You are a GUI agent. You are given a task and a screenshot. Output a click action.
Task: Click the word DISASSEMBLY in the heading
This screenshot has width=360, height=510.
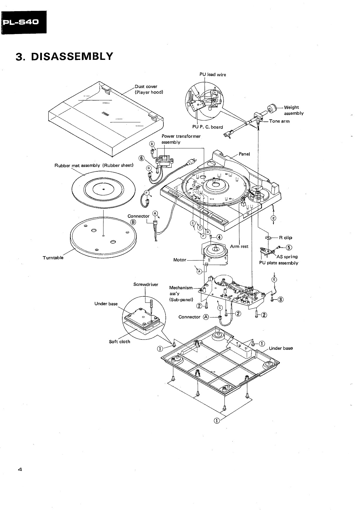[72, 56]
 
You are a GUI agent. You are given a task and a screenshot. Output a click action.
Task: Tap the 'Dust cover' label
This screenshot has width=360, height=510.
[146, 87]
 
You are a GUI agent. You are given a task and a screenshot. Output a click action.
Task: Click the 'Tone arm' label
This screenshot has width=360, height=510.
[279, 121]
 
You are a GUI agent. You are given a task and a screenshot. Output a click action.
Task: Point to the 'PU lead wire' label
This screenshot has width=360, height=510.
[213, 75]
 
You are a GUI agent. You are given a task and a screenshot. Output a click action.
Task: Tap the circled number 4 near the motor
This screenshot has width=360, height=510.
[219, 237]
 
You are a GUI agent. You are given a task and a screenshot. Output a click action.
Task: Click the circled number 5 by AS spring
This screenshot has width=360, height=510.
[288, 247]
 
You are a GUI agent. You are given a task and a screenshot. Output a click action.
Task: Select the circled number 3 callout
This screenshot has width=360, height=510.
[281, 300]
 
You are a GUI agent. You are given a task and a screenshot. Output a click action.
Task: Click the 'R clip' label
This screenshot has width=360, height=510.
[283, 238]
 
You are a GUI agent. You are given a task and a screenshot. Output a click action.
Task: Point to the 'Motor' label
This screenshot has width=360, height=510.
[180, 260]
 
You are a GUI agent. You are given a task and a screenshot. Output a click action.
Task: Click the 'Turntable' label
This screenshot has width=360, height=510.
[53, 258]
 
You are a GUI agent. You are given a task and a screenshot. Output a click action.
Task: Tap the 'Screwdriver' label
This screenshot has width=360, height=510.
[146, 284]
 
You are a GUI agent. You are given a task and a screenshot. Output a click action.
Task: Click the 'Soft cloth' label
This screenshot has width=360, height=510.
[119, 342]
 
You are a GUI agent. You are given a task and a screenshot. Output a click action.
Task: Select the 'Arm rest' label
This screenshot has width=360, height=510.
[239, 246]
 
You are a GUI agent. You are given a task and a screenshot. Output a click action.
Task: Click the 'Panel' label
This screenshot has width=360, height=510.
[244, 154]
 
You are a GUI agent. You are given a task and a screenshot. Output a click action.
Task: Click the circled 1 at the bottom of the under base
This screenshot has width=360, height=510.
[216, 421]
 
